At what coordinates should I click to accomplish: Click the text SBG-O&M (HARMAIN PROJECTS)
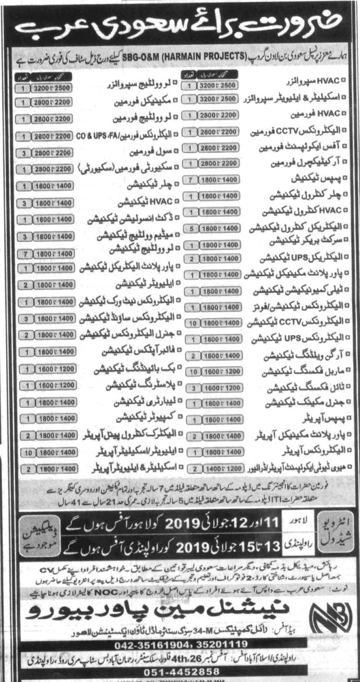[x=181, y=55]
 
